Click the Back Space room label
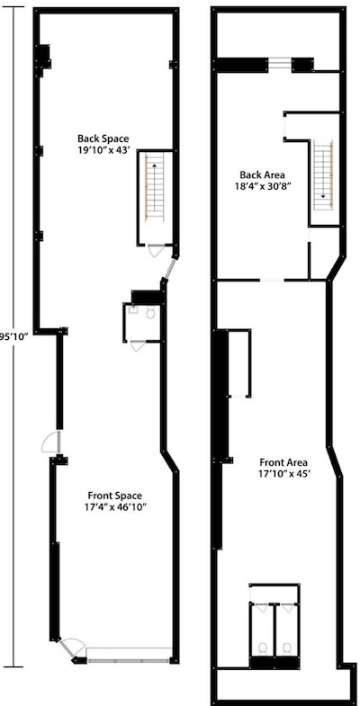click(x=103, y=139)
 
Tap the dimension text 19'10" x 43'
click(x=103, y=149)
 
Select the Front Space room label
click(x=115, y=496)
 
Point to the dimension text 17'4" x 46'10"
click(x=115, y=507)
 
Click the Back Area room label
click(x=262, y=174)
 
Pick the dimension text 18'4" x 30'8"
click(x=262, y=185)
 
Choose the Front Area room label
click(x=283, y=462)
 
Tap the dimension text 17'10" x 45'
click(x=283, y=473)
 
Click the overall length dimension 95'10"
click(x=14, y=335)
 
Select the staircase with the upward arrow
click(x=155, y=186)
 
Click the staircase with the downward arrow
click(x=323, y=175)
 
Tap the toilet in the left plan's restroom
click(x=150, y=313)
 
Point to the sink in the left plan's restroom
click(x=133, y=309)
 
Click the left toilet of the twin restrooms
click(x=263, y=648)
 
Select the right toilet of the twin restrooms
click(x=286, y=648)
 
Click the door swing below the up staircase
click(x=157, y=250)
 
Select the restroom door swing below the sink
click(x=138, y=345)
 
